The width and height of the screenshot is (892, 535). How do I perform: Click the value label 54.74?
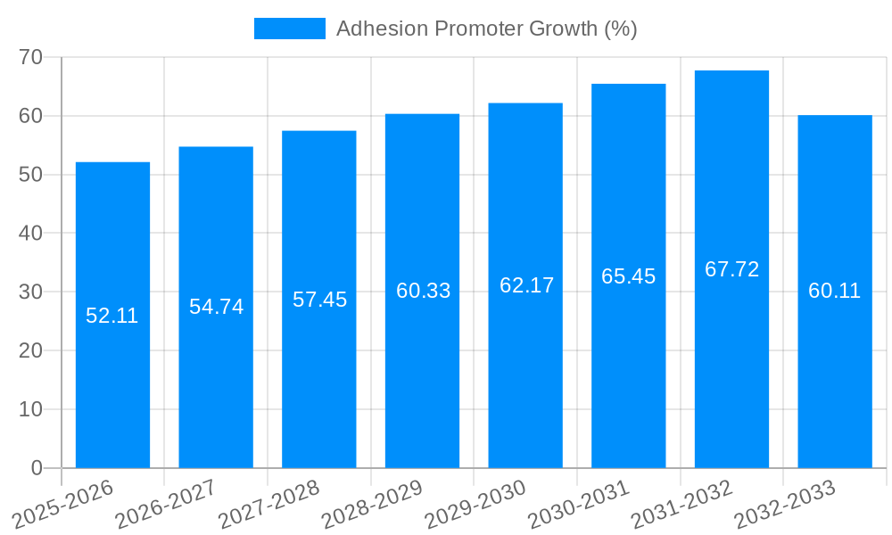pos(216,307)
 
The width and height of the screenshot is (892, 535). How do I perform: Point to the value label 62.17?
pos(526,285)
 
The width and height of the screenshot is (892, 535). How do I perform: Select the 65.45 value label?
pos(628,276)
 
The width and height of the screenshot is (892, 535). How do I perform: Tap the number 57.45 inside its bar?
pos(319,300)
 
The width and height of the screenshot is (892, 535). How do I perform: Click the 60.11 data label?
pos(835,291)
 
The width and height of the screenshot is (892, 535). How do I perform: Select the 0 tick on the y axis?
pos(37,467)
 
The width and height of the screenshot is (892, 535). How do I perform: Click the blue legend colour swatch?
pos(290,29)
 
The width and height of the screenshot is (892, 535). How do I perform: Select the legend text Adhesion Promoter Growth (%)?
pos(486,29)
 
